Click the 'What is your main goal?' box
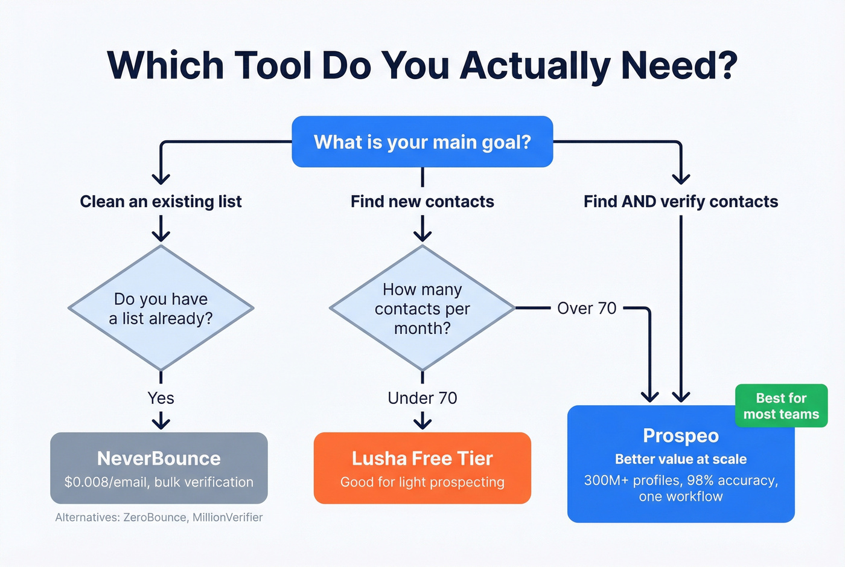pos(422,142)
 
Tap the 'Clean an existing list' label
pos(161,202)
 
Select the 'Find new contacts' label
pos(422,202)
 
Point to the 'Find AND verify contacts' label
pos(681,202)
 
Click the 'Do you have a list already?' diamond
pos(161,308)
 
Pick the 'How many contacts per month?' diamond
pos(422,308)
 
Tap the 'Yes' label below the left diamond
pos(161,398)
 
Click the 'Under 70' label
pos(422,398)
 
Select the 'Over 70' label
pos(587,308)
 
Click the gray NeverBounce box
pos(159,468)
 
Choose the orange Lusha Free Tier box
pos(422,468)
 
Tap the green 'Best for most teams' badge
pos(781,406)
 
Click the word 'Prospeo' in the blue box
pos(681,435)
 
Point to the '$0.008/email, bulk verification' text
pos(159,482)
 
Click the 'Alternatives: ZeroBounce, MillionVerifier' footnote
pos(159,517)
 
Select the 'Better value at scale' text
pos(681,460)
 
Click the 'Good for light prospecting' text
pos(422,482)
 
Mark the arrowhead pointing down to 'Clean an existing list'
pos(161,179)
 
